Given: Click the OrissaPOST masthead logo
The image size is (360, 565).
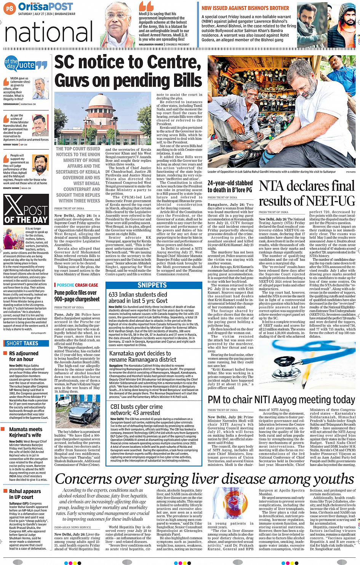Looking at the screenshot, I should pos(45,6).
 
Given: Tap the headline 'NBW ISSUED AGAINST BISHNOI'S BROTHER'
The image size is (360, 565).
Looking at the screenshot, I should pos(245,8).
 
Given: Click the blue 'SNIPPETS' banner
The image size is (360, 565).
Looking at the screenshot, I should pos(152,285).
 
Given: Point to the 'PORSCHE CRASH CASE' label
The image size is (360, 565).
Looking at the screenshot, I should pos(77,285).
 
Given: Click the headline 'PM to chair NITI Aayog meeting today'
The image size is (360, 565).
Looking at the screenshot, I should pos(281,400).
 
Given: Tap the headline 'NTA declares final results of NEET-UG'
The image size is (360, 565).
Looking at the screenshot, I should pos(307,193).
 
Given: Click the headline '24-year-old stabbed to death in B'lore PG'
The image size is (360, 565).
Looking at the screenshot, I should pos(230,187).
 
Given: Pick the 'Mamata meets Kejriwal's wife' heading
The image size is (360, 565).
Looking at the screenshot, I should pos(25,432).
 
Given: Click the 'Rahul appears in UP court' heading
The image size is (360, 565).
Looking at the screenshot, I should pos(25,494).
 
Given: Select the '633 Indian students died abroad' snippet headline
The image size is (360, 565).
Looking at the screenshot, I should pos(138,297).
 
